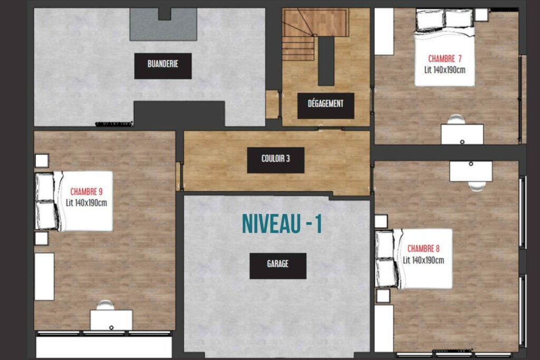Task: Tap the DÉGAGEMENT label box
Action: tap(326, 105)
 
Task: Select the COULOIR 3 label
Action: tap(276, 160)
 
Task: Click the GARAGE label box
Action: tap(278, 266)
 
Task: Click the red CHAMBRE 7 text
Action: tap(445, 59)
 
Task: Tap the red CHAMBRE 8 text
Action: tap(423, 248)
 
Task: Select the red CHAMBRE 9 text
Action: tap(86, 192)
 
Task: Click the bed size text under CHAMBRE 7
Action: tap(445, 70)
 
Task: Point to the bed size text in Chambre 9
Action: tap(86, 203)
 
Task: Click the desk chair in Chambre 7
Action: tap(456, 120)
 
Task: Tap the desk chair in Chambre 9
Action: tap(105, 305)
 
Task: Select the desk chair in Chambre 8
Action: tap(477, 186)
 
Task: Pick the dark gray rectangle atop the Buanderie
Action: tap(163, 24)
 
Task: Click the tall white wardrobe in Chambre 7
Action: tap(384, 31)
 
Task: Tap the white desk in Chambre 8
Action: tap(471, 171)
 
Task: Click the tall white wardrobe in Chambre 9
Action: tap(44, 277)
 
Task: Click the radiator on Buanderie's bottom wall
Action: tap(114, 124)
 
